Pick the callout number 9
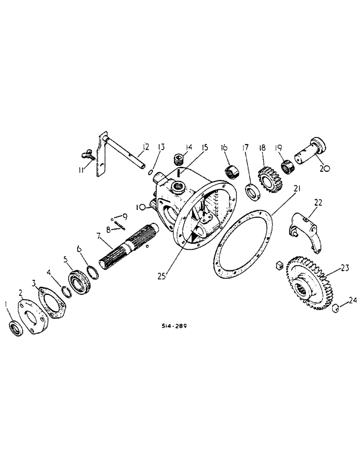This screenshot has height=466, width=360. (x=124, y=216)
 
